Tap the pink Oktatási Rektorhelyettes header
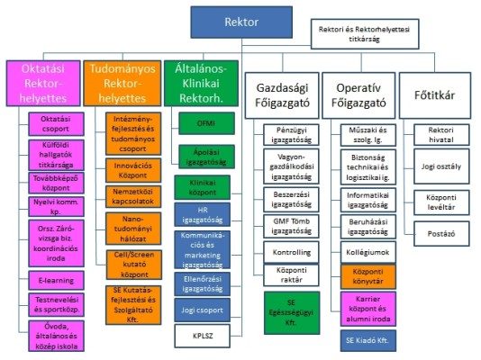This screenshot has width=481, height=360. [41, 81]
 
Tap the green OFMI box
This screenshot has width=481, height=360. [204, 120]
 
